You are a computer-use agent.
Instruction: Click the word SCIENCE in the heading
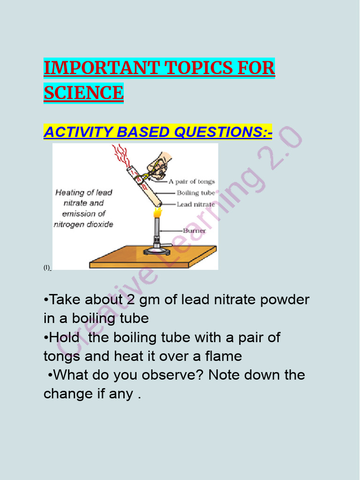click(83, 92)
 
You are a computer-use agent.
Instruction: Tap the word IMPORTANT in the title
click(100, 68)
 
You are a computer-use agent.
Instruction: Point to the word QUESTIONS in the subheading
click(222, 132)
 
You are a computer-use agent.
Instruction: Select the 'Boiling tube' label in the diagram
click(195, 193)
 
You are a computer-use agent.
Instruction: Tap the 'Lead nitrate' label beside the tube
click(195, 204)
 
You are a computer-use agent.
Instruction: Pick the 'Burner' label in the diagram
click(194, 231)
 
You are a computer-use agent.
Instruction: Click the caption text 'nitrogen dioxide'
click(83, 224)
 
